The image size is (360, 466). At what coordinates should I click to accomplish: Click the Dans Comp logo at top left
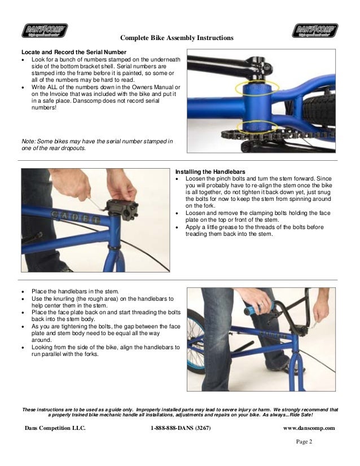45,29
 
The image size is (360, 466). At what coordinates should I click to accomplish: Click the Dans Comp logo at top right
315,29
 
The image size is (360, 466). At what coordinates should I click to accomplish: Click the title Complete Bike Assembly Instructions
177,38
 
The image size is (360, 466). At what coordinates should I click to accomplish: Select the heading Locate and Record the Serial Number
70,52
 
